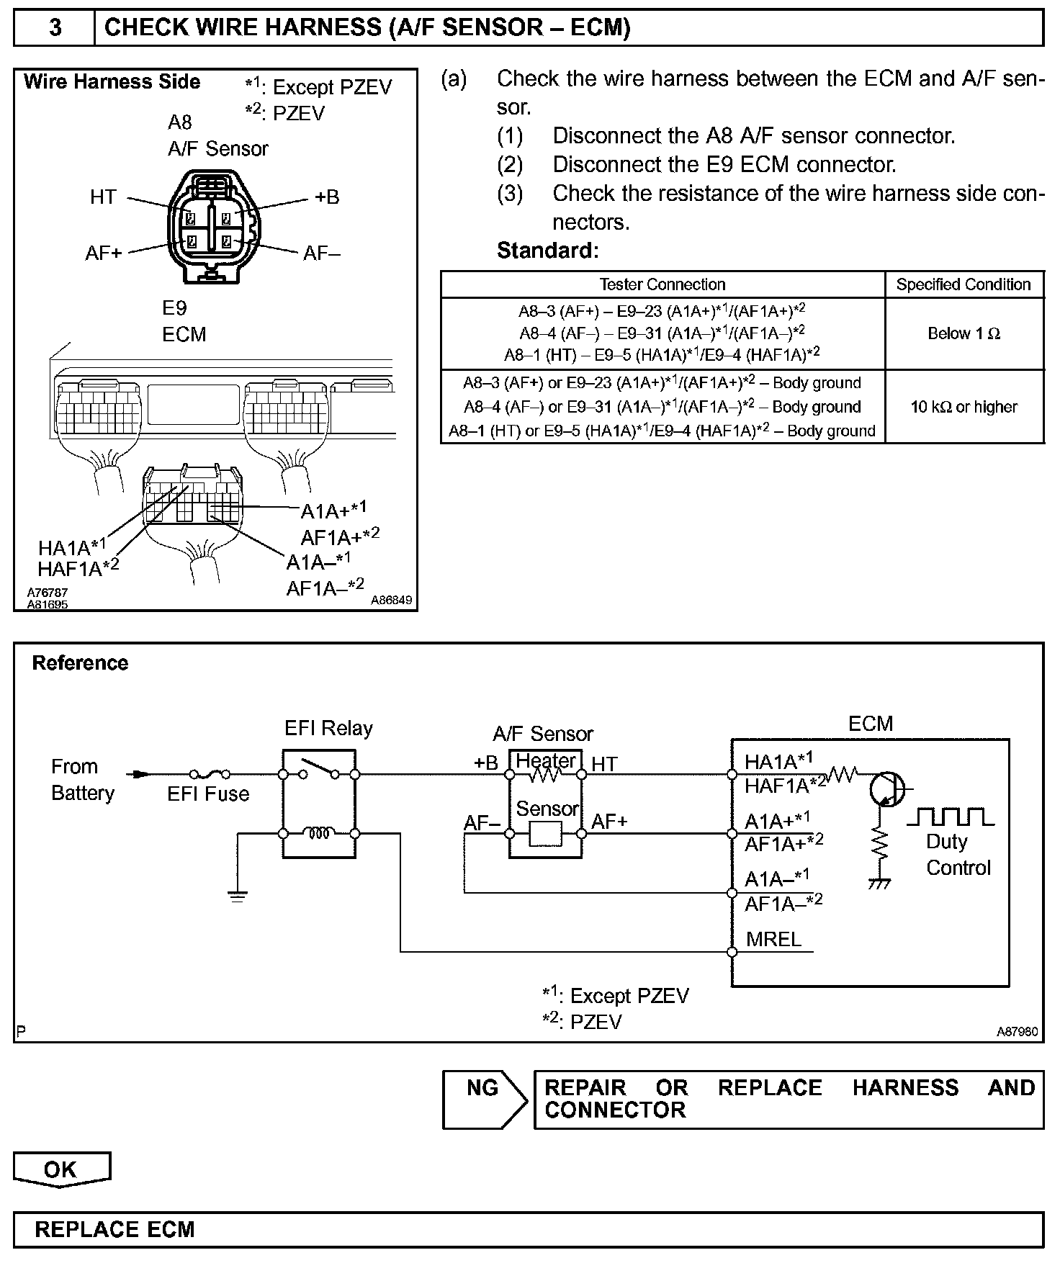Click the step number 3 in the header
pyautogui.click(x=55, y=27)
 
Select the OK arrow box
pyautogui.click(x=61, y=1168)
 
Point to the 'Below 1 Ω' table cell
pyautogui.click(x=964, y=333)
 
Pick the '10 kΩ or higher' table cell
pyautogui.click(x=964, y=407)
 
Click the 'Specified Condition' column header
pyautogui.click(x=964, y=284)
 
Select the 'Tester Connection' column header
pyautogui.click(x=662, y=284)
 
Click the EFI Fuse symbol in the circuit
pyautogui.click(x=210, y=775)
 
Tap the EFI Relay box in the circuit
pyautogui.click(x=318, y=804)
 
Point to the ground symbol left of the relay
pyautogui.click(x=237, y=895)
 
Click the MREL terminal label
pyautogui.click(x=773, y=939)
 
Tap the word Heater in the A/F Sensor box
pyautogui.click(x=547, y=760)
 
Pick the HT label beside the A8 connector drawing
pyautogui.click(x=103, y=197)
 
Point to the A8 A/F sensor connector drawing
pyautogui.click(x=212, y=226)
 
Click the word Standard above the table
pyautogui.click(x=547, y=251)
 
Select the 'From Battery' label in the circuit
pyautogui.click(x=83, y=779)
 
